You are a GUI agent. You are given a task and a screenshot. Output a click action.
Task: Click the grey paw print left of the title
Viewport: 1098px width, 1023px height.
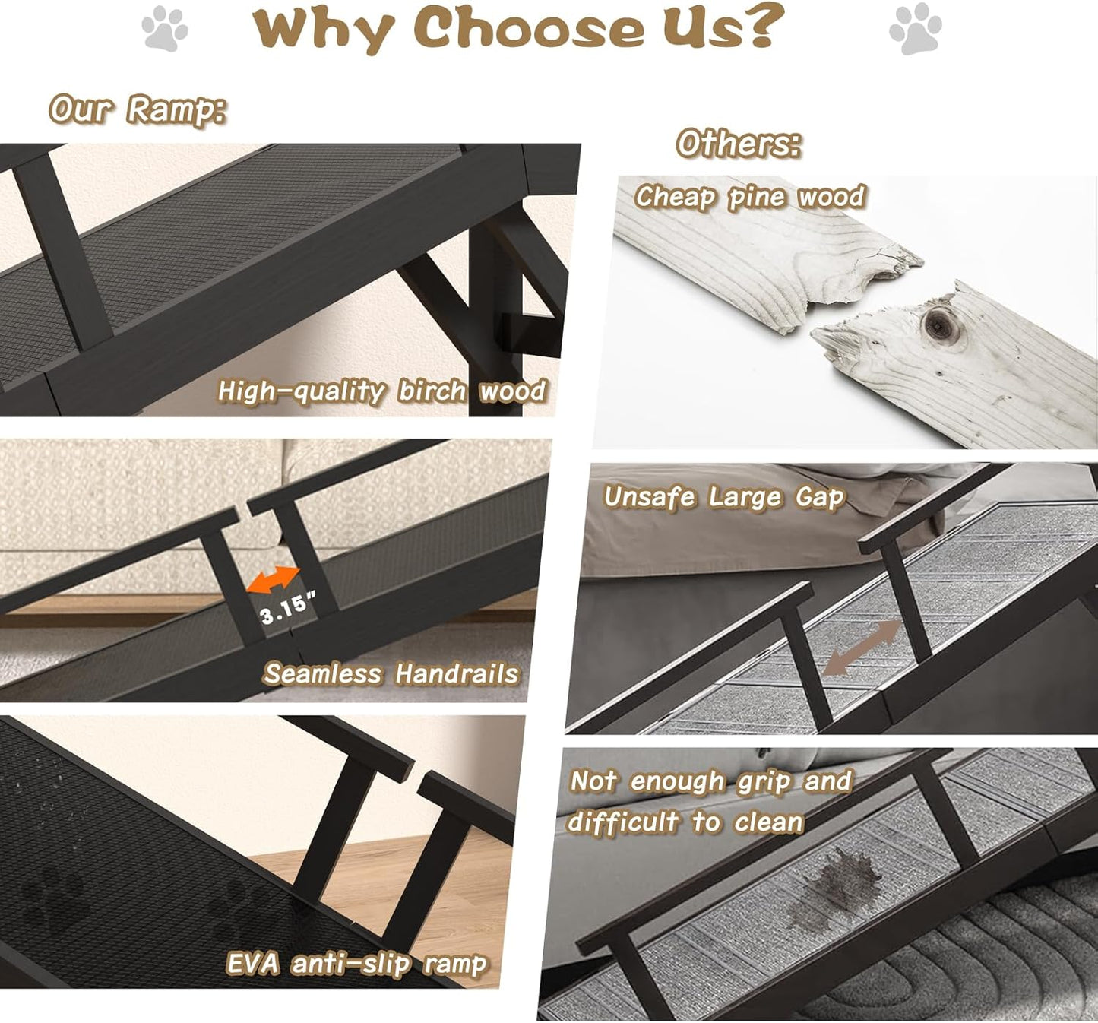165,29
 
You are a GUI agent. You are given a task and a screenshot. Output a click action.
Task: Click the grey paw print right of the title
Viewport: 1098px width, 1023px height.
915,29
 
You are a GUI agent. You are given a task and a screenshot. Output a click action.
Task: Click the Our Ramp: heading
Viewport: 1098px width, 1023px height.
138,109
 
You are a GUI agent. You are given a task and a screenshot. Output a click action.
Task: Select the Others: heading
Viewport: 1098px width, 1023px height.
739,144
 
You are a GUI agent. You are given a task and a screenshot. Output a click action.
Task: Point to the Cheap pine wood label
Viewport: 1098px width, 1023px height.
750,197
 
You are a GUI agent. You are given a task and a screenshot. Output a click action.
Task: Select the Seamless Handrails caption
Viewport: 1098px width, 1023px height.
391,673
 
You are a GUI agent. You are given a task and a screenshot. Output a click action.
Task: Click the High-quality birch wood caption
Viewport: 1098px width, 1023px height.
381,391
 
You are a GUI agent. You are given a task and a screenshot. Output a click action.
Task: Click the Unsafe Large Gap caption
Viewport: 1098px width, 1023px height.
723,497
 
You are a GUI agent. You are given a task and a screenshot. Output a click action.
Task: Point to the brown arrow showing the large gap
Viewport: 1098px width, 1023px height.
862,648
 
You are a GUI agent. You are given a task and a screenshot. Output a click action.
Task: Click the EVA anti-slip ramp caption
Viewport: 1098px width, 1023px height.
356,964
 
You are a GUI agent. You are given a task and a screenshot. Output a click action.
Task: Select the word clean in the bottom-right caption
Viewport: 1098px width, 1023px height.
768,822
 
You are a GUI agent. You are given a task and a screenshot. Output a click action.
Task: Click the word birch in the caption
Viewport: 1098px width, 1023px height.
432,391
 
